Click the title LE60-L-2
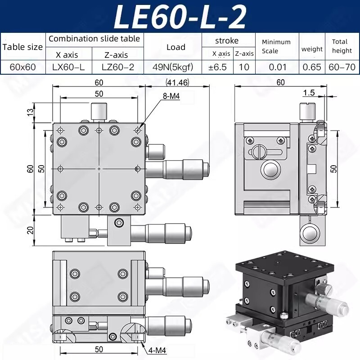pos(180,16)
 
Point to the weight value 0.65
pos(312,67)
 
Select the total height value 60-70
pos(342,67)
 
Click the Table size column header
pos(22,47)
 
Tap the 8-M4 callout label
pos(171,96)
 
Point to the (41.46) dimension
pos(177,82)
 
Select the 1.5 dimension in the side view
pos(309,93)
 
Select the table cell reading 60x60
pos(22,67)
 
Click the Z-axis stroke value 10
pos(244,67)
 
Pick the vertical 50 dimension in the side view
pos(346,168)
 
